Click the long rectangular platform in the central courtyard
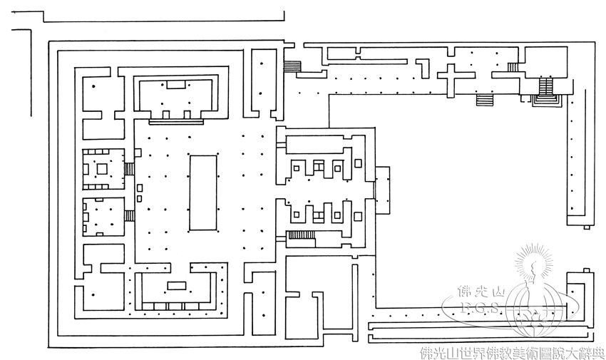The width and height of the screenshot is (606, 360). click(x=202, y=192)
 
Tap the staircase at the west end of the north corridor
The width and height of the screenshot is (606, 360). click(x=292, y=66)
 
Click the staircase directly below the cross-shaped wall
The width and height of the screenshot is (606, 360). click(x=485, y=99)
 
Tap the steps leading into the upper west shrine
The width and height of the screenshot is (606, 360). click(x=129, y=169)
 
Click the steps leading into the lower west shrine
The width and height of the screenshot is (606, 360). click(x=129, y=215)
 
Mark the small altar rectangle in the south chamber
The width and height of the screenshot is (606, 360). click(x=176, y=286)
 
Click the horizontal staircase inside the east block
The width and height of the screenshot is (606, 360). click(x=300, y=235)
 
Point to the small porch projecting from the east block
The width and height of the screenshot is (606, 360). click(x=382, y=189)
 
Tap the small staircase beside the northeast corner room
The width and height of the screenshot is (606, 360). click(x=512, y=67)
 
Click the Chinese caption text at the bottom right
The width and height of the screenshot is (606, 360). click(x=512, y=351)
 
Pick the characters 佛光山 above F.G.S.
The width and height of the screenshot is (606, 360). click(x=479, y=293)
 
